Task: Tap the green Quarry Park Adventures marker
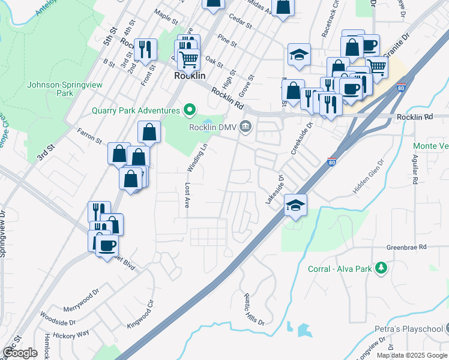190,110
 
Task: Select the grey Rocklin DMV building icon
245,127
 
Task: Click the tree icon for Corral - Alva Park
380,268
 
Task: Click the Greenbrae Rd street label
406,247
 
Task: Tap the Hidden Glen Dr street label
368,176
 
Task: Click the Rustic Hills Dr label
254,309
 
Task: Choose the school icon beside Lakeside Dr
295,205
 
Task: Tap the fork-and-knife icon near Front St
145,49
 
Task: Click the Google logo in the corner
20,352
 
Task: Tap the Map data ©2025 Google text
412,355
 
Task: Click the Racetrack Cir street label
331,23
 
